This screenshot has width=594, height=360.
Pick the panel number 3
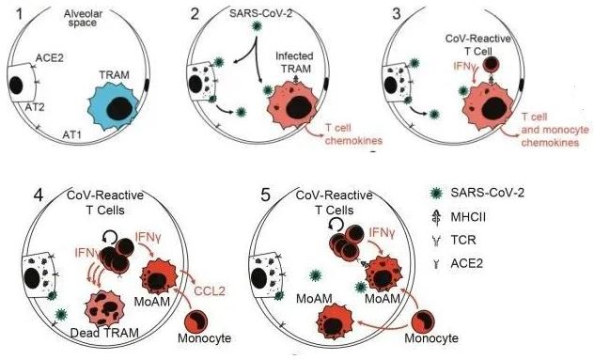[x=406, y=13]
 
